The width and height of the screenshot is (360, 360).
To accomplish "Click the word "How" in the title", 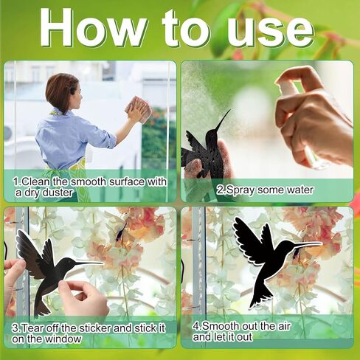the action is point(94,28).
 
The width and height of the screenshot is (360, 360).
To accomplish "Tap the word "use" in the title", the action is point(270,32).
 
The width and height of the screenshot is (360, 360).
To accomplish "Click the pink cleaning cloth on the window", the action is point(138,109).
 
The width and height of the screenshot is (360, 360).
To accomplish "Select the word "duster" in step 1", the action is point(58,193).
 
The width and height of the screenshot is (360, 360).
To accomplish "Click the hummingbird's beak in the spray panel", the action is point(223,120).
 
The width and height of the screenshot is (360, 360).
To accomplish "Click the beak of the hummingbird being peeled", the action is point(89,264).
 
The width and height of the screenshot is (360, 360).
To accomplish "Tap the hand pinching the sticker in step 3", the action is point(83,297).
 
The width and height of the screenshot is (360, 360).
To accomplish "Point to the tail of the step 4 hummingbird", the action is point(260,297).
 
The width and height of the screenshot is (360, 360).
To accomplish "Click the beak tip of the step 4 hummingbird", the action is point(321,243).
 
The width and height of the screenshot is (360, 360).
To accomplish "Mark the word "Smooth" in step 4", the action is point(221,327).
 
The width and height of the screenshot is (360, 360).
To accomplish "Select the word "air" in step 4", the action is point(284,327).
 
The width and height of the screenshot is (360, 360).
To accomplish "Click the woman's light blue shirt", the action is point(74,139).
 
